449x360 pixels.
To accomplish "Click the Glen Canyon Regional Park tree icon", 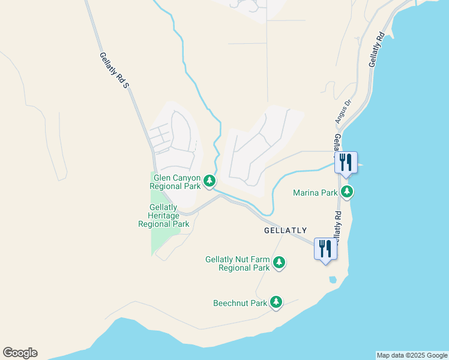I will pos(209,181).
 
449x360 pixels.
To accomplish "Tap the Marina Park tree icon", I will pos(346,192).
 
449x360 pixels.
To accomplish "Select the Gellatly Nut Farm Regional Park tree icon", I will pos(279,262).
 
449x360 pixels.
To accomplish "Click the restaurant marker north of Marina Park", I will pos(346,162).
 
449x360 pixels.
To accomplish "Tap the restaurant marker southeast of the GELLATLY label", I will pos(325,248).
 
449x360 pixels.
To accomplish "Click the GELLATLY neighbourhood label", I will pos(285,230).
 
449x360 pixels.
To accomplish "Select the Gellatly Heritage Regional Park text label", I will pos(163,216).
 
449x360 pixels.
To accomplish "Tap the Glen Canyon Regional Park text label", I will pos(175,181).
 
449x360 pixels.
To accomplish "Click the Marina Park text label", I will pos(315,193).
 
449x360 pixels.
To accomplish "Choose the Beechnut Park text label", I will pos(240,303).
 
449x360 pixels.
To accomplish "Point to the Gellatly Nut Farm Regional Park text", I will pos(237,263).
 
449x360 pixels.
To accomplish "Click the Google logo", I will pos(20,353).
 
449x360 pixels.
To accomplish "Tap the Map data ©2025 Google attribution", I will pos(412,355).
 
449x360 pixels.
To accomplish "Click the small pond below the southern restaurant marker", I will pos(333,279).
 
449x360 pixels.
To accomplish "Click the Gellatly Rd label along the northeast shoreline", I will pos(376,52).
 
